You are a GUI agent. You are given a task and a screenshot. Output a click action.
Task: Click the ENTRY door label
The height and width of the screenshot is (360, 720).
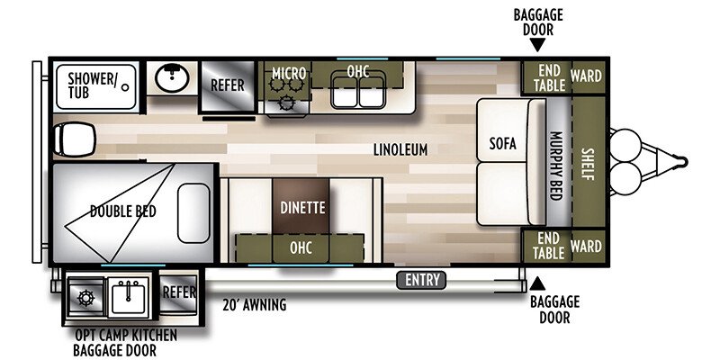pyautogui.click(x=421, y=280)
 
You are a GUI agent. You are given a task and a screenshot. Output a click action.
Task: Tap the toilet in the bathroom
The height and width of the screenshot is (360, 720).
pyautogui.click(x=75, y=139)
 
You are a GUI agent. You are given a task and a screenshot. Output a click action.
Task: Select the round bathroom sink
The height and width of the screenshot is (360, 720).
pyautogui.click(x=172, y=77)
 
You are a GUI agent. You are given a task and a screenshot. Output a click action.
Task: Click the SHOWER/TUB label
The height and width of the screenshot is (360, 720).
pyautogui.click(x=92, y=85)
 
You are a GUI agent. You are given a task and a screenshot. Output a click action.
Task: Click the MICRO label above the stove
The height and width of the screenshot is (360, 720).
pyautogui.click(x=289, y=73)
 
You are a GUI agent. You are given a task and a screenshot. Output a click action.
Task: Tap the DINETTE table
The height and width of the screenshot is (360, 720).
pyautogui.click(x=301, y=206)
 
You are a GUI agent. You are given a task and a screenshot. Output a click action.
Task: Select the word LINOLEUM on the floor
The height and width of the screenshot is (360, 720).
pyautogui.click(x=400, y=149)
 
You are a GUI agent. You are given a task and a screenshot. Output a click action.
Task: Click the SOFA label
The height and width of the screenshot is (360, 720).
pyautogui.click(x=502, y=143)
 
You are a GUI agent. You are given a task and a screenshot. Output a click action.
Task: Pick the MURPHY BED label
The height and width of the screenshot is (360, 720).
pyautogui.click(x=555, y=166)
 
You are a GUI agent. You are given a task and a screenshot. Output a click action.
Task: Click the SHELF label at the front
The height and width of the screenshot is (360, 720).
pyautogui.click(x=588, y=165)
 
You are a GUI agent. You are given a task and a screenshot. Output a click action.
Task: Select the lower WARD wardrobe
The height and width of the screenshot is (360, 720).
pyautogui.click(x=589, y=246)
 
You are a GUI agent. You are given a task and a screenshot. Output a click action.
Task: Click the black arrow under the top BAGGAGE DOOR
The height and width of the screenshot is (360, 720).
pyautogui.click(x=537, y=44)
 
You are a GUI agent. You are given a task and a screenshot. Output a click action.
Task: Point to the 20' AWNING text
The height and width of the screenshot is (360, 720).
pyautogui.click(x=255, y=305)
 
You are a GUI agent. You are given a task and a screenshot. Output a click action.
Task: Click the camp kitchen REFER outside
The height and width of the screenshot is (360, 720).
pyautogui.click(x=179, y=292)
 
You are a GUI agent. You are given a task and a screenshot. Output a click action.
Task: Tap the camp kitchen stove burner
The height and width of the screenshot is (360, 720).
pyautogui.click(x=85, y=299)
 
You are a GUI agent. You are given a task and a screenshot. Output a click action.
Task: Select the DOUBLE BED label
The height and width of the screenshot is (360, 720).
pyautogui.click(x=123, y=211)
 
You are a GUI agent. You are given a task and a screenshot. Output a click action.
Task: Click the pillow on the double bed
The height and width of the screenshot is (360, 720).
pyautogui.click(x=193, y=213)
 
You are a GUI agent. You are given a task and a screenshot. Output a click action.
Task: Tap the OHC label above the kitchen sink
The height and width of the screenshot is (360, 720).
pyautogui.click(x=357, y=72)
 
